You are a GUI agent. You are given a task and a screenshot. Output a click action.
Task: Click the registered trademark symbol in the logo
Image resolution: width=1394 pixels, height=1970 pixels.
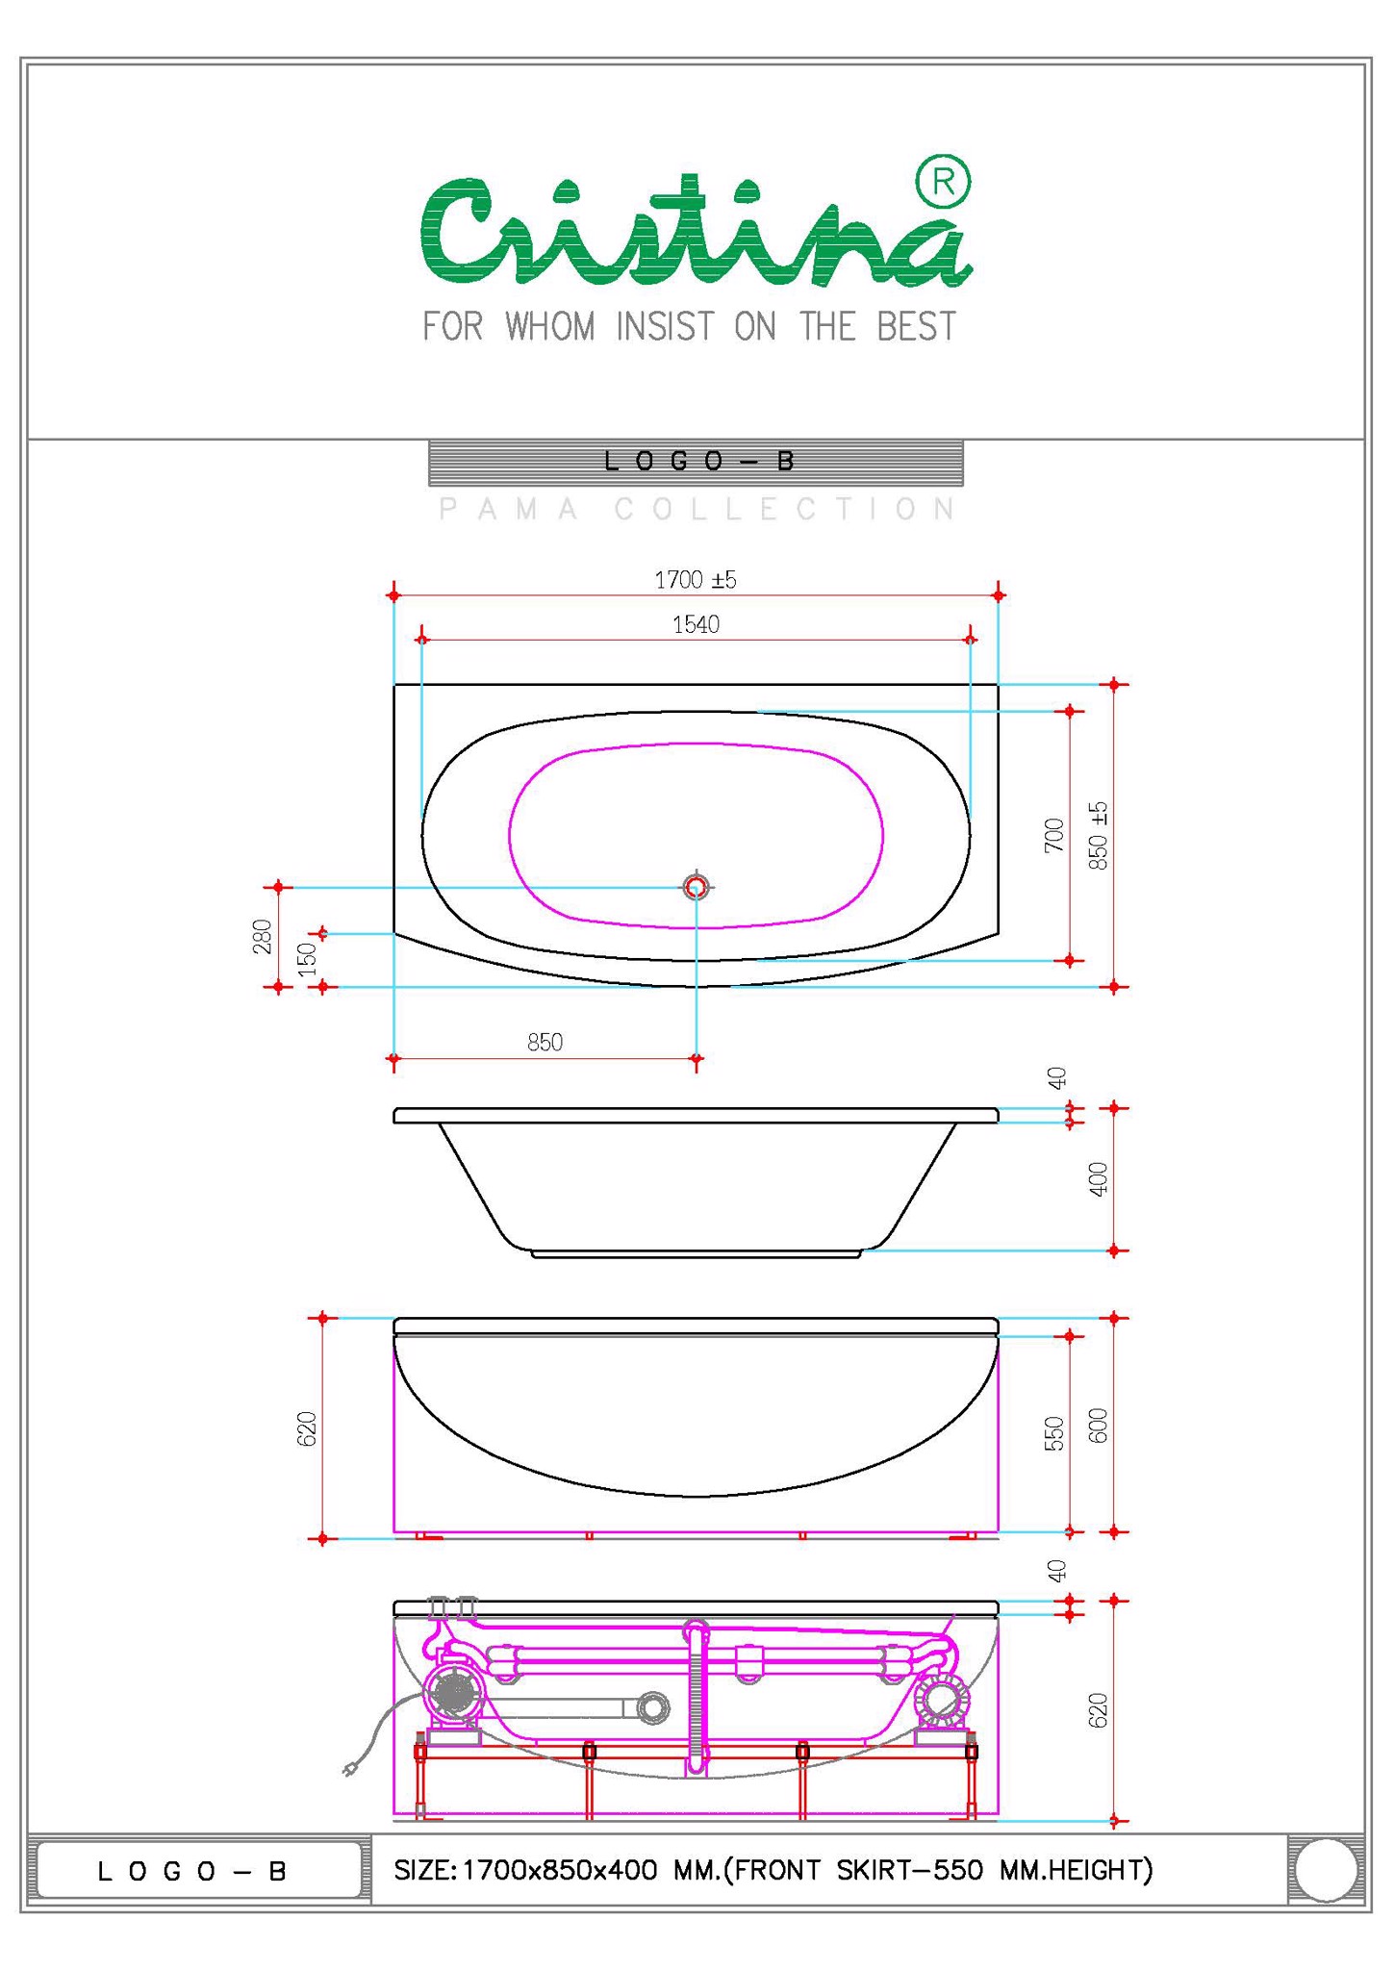tap(943, 181)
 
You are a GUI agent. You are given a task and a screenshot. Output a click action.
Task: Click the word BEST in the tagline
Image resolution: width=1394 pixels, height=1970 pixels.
tap(916, 327)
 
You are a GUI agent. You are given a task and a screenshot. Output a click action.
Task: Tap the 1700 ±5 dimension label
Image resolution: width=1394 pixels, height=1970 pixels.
tap(695, 580)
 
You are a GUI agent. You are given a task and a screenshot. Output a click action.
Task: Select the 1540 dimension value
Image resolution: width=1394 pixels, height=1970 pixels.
tap(696, 625)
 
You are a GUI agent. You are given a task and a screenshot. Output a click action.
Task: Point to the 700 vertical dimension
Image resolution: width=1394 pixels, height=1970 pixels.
tap(1055, 834)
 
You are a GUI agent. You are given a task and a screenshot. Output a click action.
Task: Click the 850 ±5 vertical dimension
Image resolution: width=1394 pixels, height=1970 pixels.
tap(1099, 835)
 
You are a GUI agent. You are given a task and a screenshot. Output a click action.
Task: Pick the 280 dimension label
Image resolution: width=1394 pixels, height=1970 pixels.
tap(262, 937)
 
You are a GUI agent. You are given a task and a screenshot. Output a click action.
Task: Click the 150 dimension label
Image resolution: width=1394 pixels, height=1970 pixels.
tap(307, 959)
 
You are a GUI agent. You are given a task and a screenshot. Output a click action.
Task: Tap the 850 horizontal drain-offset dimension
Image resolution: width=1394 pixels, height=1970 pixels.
tap(545, 1043)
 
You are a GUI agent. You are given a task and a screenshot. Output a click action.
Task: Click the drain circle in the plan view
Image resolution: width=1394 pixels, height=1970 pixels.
tap(696, 886)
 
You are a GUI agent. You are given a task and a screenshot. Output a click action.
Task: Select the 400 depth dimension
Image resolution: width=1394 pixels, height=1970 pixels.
tap(1099, 1179)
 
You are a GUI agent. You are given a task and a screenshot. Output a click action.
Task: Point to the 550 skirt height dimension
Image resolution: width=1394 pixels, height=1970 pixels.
tap(1055, 1433)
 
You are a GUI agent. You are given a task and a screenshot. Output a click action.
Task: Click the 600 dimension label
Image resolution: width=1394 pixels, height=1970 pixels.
tap(1099, 1426)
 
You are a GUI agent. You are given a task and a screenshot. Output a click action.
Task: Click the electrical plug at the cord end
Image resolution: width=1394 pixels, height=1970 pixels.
tap(349, 1768)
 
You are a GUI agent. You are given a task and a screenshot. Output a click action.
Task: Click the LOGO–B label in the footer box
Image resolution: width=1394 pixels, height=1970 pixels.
tap(192, 1871)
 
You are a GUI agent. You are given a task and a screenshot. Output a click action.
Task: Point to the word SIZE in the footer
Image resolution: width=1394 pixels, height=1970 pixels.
tap(420, 1870)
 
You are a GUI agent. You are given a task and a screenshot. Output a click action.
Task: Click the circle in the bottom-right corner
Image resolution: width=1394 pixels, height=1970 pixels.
tap(1326, 1870)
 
